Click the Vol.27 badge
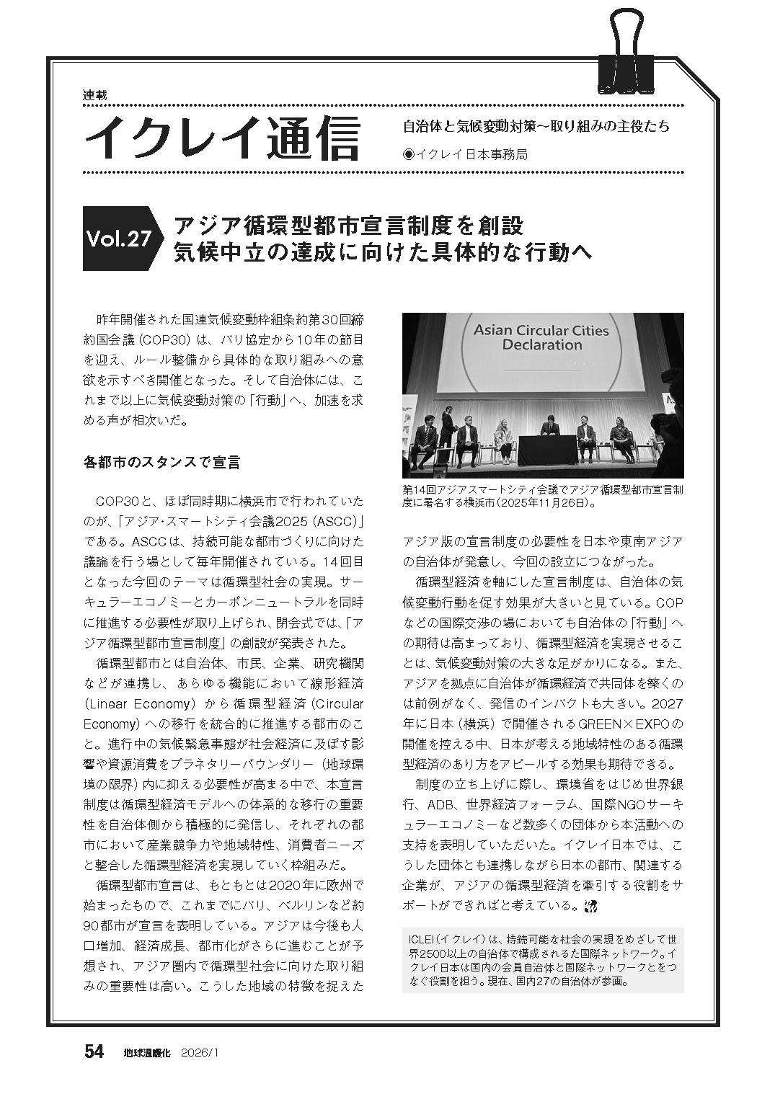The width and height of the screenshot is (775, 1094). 118,239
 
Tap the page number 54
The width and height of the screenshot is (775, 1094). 94,1051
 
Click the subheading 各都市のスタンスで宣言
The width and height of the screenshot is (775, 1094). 161,462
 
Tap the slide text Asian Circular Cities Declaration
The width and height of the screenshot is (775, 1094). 540,337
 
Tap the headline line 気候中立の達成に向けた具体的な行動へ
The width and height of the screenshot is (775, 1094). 382,253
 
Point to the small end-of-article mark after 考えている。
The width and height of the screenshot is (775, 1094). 593,906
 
